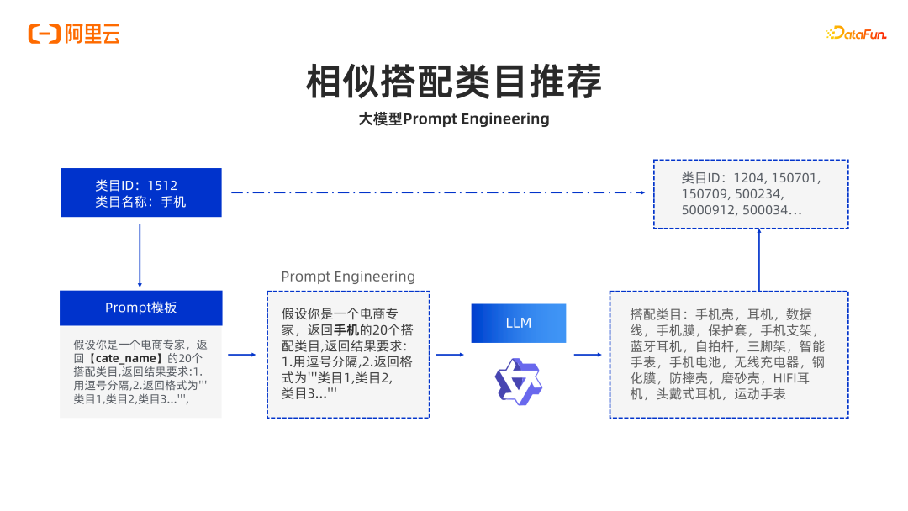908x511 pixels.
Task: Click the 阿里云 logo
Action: coord(74,34)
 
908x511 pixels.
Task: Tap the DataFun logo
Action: coord(857,33)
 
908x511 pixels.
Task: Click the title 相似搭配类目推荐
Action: coord(454,82)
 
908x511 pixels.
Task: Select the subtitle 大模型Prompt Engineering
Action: coord(454,119)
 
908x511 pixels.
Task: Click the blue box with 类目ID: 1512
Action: coord(140,192)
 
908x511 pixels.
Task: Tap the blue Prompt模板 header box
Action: coord(140,308)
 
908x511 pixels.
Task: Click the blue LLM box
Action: coord(518,323)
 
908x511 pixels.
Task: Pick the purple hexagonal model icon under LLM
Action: coord(518,382)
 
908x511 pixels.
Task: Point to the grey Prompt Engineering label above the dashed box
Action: coord(348,277)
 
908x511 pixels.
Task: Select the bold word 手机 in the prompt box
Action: coord(346,330)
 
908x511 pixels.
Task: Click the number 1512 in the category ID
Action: coord(162,186)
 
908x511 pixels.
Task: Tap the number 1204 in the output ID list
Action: coord(750,178)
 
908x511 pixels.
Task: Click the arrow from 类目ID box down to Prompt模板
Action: coord(140,255)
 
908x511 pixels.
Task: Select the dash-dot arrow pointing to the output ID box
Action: coord(438,192)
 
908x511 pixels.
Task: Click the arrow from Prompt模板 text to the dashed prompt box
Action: coord(242,354)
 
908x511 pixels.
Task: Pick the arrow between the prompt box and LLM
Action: coord(450,354)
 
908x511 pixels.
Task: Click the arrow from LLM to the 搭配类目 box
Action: coord(588,354)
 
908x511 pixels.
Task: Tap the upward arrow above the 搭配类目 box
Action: coord(759,260)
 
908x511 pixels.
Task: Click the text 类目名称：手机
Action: coord(140,202)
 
